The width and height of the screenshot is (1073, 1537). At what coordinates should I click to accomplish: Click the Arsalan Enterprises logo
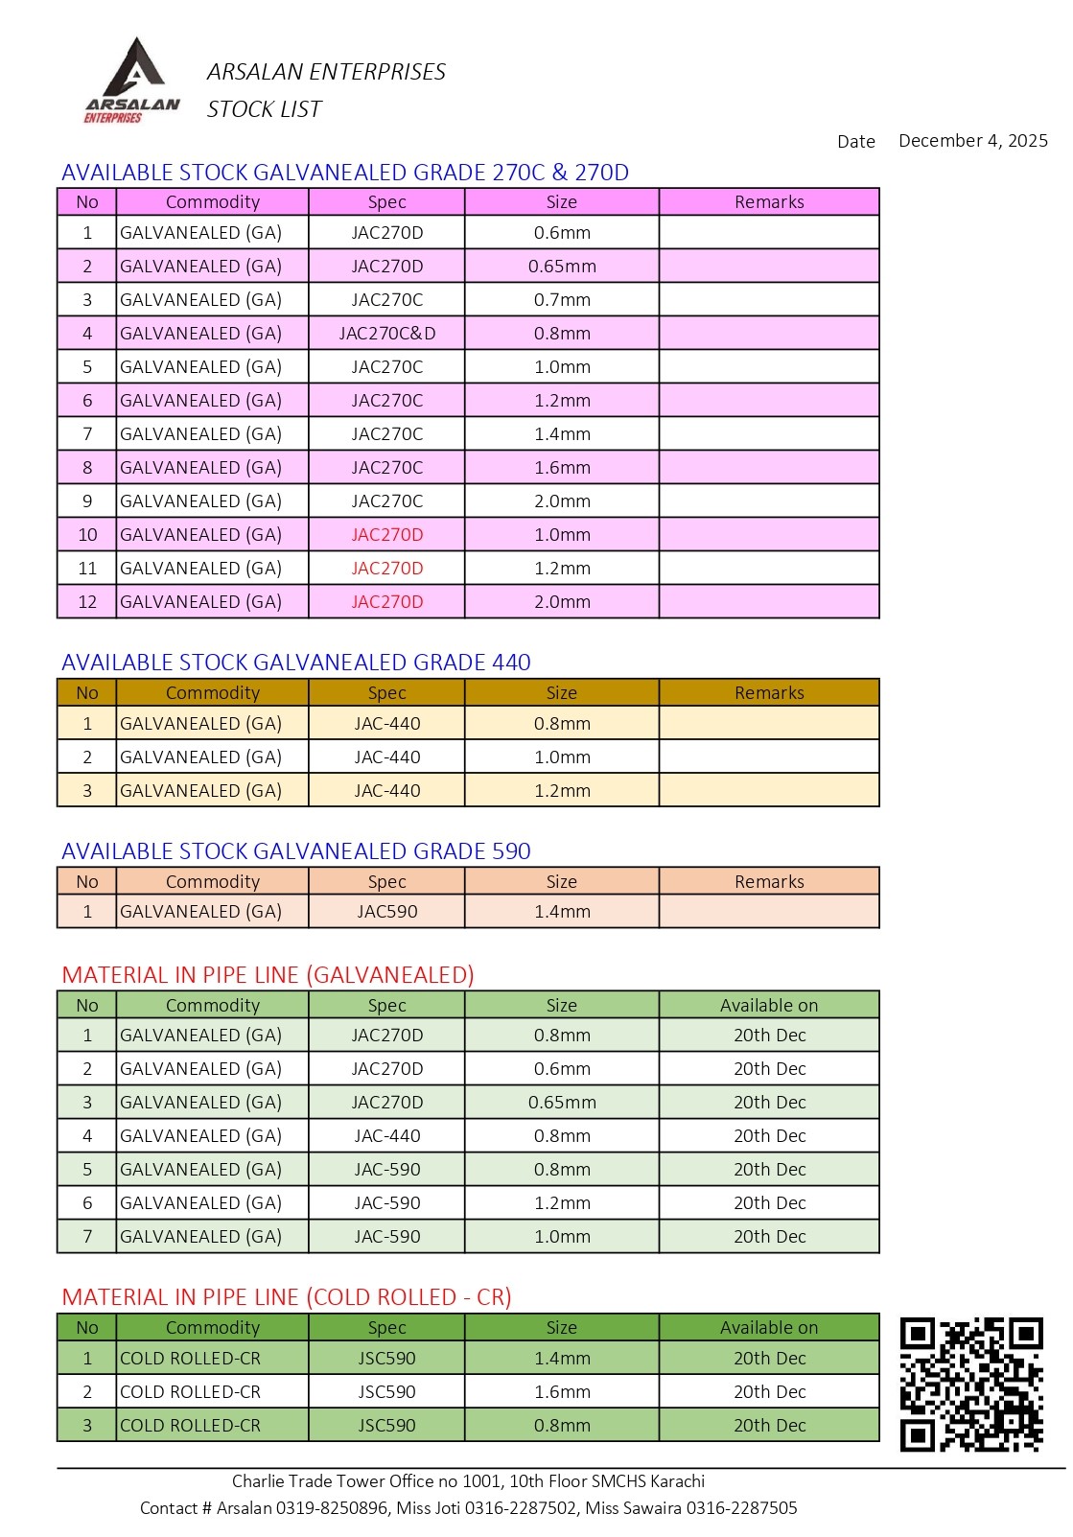tap(131, 82)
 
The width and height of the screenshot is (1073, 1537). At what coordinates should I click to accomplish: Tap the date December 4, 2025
tap(972, 141)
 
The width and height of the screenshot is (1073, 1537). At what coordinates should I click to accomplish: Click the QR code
tap(970, 1384)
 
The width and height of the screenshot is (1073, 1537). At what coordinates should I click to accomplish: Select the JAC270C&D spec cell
tap(386, 334)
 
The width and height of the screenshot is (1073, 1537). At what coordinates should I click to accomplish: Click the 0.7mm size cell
tap(562, 300)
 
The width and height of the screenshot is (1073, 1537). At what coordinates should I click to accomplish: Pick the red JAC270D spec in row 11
tap(386, 569)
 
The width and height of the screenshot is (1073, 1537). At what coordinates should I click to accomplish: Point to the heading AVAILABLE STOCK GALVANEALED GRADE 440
tap(295, 663)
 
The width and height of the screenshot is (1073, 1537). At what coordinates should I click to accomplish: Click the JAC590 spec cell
tap(386, 912)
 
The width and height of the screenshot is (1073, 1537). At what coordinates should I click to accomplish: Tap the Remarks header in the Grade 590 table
tap(769, 882)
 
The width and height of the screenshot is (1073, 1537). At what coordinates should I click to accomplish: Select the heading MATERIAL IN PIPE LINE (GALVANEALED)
tap(268, 975)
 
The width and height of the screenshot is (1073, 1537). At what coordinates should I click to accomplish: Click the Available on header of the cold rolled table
tap(769, 1328)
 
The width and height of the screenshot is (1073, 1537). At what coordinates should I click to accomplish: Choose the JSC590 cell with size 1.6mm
tap(386, 1392)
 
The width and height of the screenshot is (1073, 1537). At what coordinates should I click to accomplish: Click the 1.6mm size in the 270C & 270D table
tap(562, 468)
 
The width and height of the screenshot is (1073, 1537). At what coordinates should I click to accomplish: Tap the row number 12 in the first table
tap(87, 602)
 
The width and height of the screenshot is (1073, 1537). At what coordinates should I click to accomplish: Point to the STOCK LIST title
tap(264, 109)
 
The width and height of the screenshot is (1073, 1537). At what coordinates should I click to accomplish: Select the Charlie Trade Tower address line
tap(468, 1481)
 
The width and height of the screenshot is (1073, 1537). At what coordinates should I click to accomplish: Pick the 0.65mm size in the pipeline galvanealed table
tap(562, 1103)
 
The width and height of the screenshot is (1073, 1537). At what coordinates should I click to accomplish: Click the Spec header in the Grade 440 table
tap(386, 693)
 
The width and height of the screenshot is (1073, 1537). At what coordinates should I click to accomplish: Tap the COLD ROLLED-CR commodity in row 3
tap(190, 1426)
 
